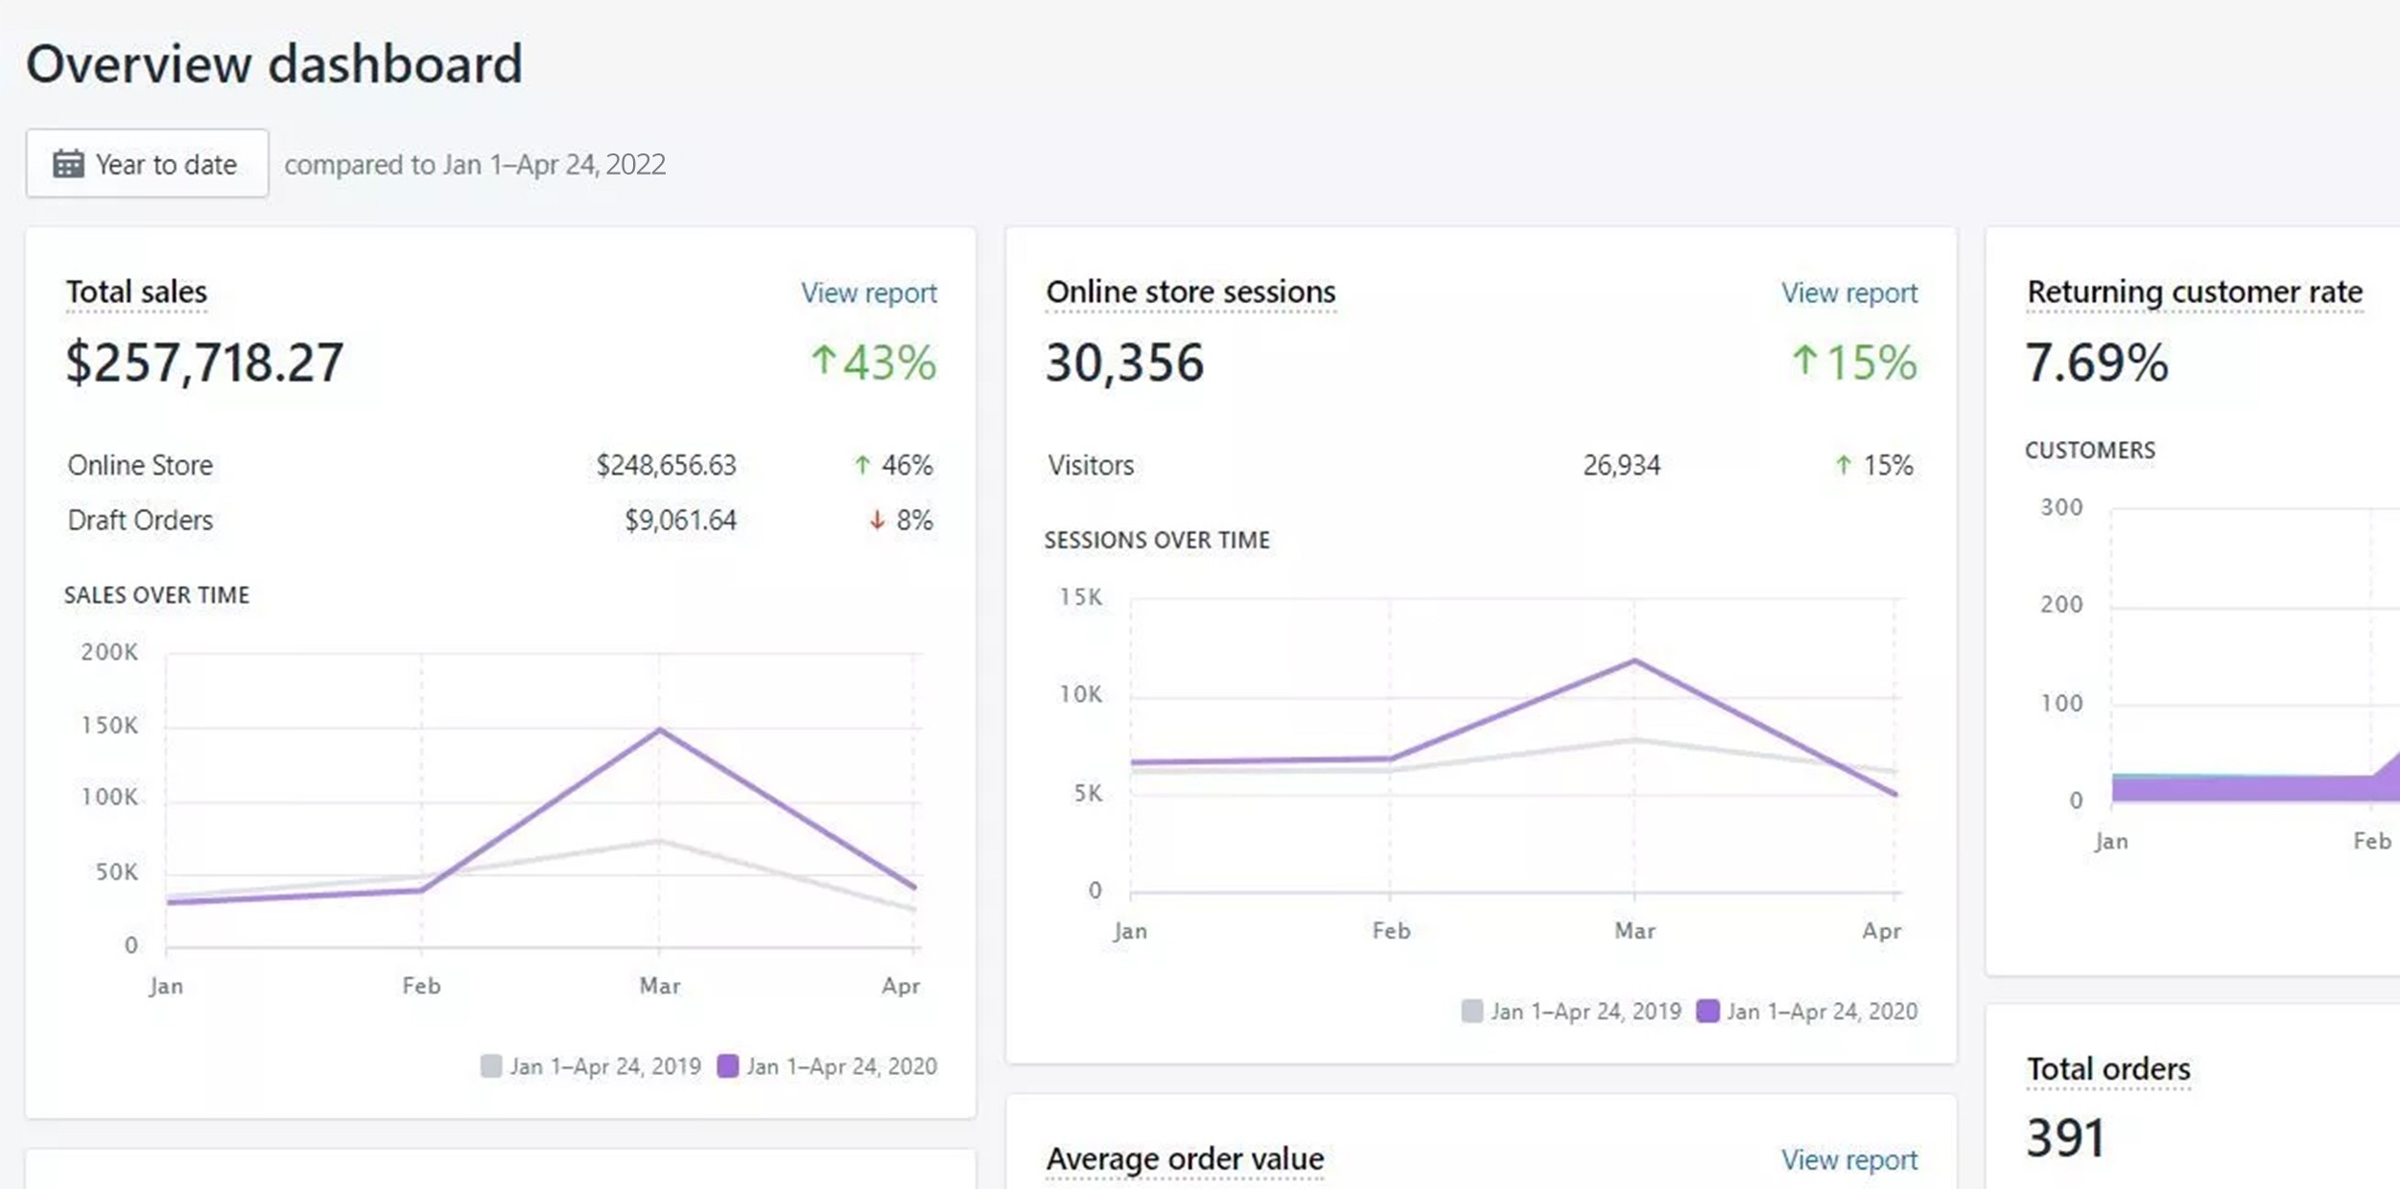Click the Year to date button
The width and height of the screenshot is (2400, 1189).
tap(147, 164)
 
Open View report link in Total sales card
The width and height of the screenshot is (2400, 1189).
tap(868, 292)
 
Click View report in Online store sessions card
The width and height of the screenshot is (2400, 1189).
tap(1848, 292)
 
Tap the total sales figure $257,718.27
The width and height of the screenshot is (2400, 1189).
tap(204, 362)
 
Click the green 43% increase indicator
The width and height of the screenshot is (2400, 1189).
tap(873, 362)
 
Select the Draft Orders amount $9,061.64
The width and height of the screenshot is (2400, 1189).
tap(680, 520)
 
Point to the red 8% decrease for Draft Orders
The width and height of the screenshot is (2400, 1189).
tap(902, 520)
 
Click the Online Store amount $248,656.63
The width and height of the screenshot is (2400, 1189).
tap(666, 465)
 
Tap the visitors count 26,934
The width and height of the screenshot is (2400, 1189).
tap(1621, 465)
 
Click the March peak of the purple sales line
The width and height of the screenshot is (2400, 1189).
tap(659, 731)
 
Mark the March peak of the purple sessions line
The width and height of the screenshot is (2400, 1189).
tap(1635, 661)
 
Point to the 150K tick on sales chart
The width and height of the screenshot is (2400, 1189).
tap(109, 725)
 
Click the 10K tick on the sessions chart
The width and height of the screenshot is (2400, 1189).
tap(1081, 694)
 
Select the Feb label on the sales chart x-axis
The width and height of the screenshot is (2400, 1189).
tap(421, 986)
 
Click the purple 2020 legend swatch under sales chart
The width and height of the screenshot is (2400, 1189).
tap(728, 1065)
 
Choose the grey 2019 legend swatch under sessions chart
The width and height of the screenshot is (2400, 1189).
tap(1471, 1011)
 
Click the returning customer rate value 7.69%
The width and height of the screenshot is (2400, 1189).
tap(2096, 362)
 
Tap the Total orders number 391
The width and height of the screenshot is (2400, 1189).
tap(2065, 1138)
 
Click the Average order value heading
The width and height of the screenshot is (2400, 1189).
tap(1185, 1158)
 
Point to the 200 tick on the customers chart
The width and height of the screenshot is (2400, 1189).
tap(2061, 604)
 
